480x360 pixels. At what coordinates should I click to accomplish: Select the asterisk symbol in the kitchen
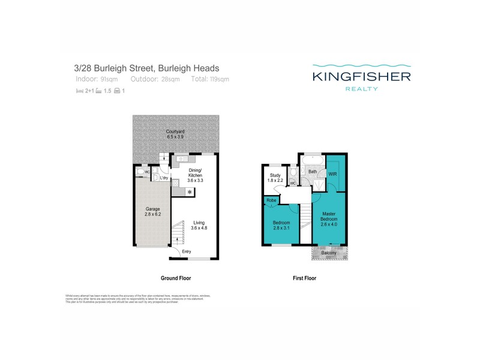click(190, 192)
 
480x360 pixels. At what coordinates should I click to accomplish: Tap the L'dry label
click(163, 178)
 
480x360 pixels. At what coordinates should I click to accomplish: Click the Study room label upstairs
click(275, 176)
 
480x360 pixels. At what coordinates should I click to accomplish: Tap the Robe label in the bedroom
click(270, 200)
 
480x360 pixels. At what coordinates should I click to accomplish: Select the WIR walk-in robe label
click(333, 174)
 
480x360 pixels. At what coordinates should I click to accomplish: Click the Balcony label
click(329, 253)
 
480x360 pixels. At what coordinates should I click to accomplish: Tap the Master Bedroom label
click(328, 218)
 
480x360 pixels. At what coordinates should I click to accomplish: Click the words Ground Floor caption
click(175, 278)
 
